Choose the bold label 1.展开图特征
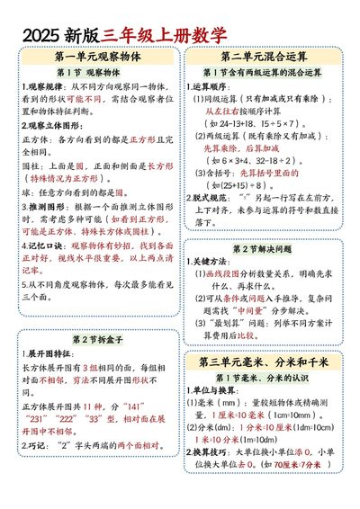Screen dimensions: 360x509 tap(45, 353)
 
